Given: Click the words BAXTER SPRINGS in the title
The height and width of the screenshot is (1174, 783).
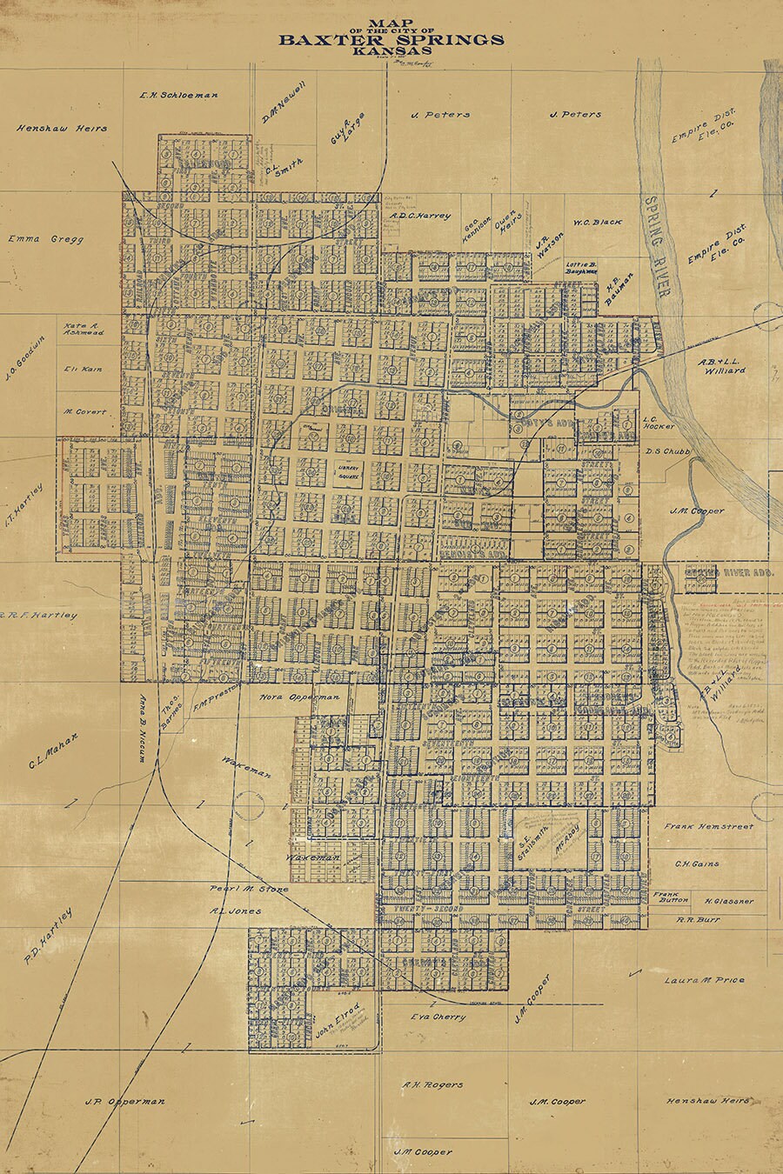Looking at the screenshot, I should tap(391, 39).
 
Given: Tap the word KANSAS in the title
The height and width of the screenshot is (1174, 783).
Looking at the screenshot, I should tap(391, 50).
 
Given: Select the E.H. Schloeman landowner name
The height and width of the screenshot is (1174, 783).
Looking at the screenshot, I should tap(178, 95).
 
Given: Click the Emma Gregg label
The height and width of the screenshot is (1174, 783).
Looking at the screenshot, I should tap(45, 239).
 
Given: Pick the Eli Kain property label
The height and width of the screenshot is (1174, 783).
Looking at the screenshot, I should tap(84, 369).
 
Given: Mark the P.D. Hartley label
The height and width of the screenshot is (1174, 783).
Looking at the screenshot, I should tap(49, 937).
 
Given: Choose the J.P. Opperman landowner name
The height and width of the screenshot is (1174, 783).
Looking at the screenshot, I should tap(124, 1101).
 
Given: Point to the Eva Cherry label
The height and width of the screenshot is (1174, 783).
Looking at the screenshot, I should tap(438, 1017).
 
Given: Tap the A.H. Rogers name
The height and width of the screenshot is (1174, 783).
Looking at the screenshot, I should tap(432, 1084).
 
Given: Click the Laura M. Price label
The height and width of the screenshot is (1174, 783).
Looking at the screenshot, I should tap(704, 980).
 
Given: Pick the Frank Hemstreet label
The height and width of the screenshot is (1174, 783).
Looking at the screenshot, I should tap(709, 826).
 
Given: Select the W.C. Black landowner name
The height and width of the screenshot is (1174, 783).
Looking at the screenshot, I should tap(597, 223).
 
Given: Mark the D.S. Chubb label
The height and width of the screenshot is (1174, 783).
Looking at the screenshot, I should tap(667, 451).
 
